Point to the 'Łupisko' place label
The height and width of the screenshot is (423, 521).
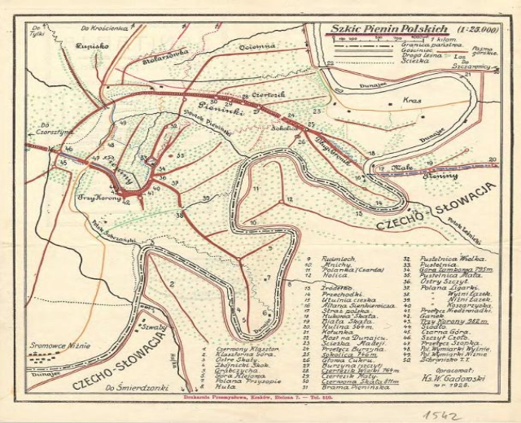(83, 46)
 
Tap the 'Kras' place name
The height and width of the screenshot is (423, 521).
(411, 101)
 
